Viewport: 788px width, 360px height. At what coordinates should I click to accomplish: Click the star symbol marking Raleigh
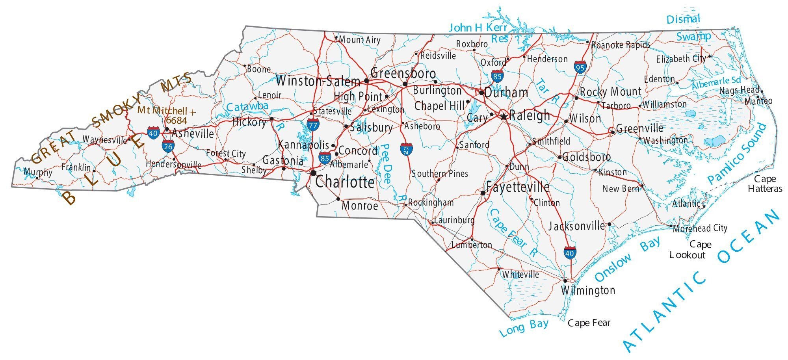coord(504,117)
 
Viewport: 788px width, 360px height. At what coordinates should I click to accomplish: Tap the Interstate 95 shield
coord(580,67)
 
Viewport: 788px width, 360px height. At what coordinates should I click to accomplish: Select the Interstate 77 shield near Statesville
coord(313,125)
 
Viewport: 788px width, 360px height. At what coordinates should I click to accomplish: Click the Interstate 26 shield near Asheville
coord(168,146)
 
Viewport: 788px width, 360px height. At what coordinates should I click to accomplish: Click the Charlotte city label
coord(345,182)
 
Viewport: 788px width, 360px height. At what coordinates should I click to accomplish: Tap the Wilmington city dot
coord(565,281)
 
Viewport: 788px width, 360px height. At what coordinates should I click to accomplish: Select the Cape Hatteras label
coord(765,184)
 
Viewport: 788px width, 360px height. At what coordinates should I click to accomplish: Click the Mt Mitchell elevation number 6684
coord(176,120)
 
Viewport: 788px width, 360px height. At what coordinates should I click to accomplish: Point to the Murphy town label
coord(38,172)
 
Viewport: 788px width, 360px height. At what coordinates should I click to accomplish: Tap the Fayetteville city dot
coord(483,193)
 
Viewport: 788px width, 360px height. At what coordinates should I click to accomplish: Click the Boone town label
coord(258,69)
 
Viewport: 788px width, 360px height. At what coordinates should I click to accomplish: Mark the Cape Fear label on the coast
coord(589,323)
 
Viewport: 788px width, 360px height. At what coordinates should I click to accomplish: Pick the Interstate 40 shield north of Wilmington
coord(569,252)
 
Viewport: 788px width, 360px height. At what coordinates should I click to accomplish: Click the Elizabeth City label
coord(681,59)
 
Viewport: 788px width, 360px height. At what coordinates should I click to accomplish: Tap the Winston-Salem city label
coord(318,82)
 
